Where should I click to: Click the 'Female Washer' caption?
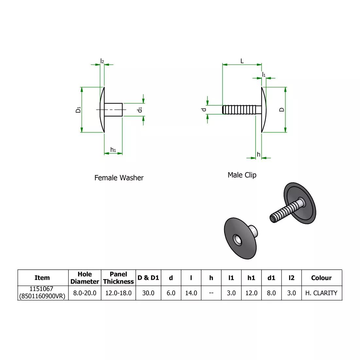(x=119, y=178)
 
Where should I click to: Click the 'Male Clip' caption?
(x=242, y=175)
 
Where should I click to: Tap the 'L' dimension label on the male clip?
(x=242, y=61)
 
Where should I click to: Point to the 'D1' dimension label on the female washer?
(x=78, y=110)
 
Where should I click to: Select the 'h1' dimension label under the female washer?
(x=113, y=150)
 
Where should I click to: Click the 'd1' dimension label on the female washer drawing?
(x=140, y=110)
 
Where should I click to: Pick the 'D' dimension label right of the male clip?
(x=282, y=110)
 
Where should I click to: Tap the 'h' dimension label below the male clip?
(x=259, y=154)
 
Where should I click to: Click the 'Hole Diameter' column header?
(x=85, y=278)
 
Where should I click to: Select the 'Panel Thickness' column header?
(x=118, y=278)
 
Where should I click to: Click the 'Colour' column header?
(x=321, y=278)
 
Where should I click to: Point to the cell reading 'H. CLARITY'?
(x=321, y=293)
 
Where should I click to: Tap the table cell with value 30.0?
(x=148, y=293)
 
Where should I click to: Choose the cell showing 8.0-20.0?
(x=85, y=293)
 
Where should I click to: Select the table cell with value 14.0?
(x=191, y=293)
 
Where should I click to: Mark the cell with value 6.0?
(x=171, y=293)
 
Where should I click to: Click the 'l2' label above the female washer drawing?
(x=102, y=61)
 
